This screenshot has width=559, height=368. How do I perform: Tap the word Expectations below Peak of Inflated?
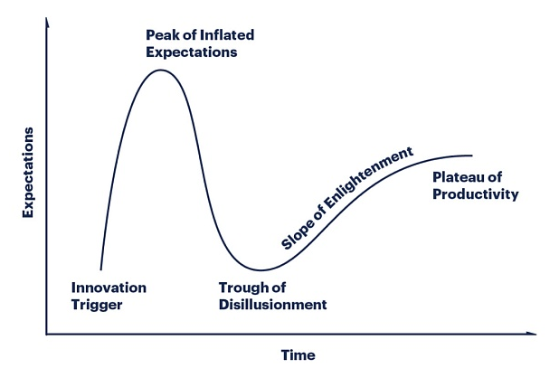point(192,52)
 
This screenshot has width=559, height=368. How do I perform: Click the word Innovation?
point(109,288)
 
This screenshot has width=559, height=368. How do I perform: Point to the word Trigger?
point(97,306)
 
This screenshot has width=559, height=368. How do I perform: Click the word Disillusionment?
point(273,305)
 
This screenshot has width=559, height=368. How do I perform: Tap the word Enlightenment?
point(369,179)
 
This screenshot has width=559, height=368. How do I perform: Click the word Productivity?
point(476,195)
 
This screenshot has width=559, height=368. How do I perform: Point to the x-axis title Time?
point(298,355)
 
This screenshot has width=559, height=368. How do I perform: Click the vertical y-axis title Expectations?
point(28,173)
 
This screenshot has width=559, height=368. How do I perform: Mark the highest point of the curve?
point(160,71)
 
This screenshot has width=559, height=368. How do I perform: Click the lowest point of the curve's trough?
point(261,270)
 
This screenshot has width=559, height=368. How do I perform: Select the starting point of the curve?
point(101,269)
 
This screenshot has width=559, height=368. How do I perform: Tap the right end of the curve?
point(472,156)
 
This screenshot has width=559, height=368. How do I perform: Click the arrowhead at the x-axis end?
point(532,334)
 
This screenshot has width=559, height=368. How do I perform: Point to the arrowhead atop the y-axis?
point(47,22)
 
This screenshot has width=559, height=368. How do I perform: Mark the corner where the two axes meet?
point(47,335)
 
